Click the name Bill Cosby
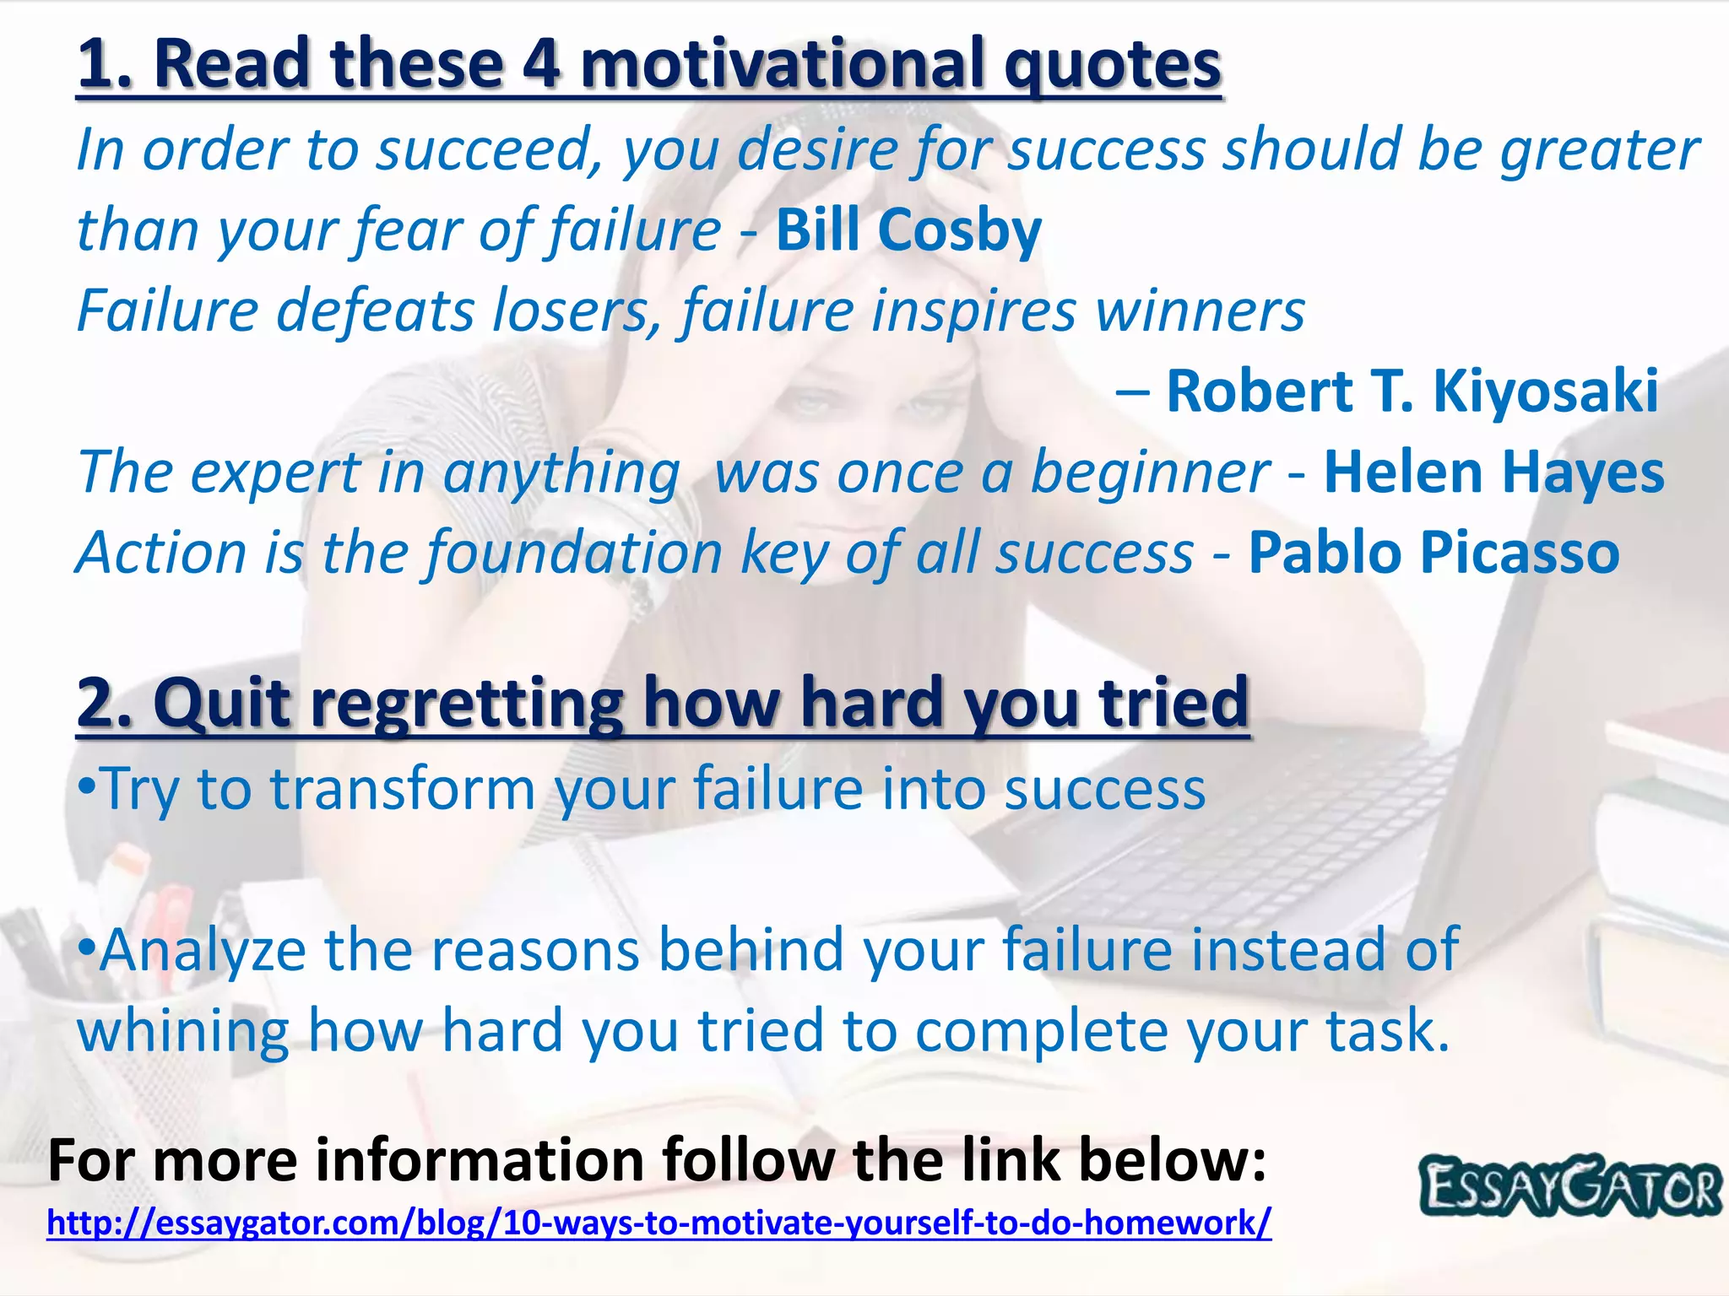coord(908,229)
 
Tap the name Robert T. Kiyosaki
coord(1412,391)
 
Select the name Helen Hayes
coord(1493,472)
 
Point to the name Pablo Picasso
coord(1434,553)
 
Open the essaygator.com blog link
coord(659,1223)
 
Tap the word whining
coord(182,1031)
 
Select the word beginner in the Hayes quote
coord(1150,472)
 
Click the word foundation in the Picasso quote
coord(572,553)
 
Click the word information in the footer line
coord(481,1160)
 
